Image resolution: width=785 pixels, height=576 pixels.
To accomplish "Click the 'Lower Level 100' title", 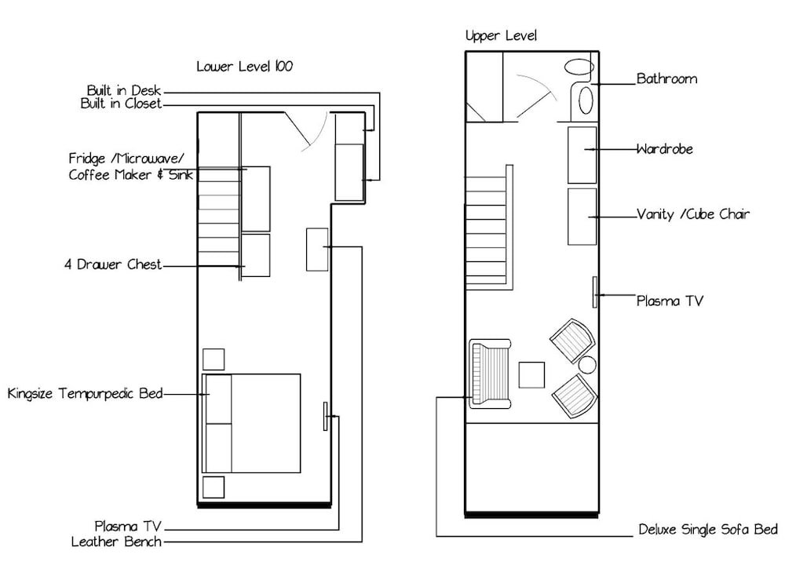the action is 244,66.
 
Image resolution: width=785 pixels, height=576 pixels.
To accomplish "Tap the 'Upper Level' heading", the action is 501,35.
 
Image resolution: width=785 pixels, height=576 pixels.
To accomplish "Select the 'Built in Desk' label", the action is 124,90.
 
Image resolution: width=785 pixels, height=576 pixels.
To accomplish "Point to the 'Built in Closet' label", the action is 121,104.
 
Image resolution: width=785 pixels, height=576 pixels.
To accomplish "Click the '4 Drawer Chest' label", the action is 113,264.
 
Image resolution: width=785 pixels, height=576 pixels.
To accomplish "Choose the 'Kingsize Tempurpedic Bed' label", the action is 85,393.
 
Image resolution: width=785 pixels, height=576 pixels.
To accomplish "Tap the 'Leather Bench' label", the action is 116,541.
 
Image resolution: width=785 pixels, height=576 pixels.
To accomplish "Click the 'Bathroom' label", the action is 666,78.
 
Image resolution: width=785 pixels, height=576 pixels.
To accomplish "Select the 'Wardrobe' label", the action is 665,148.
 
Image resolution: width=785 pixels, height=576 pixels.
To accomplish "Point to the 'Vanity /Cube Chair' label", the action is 693,214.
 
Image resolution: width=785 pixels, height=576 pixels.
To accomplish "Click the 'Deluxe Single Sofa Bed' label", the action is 708,530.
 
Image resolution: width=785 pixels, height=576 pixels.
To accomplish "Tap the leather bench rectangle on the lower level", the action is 317,250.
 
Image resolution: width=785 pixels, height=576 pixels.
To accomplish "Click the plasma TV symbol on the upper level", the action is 595,292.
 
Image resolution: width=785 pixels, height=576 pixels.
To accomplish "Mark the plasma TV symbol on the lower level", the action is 326,416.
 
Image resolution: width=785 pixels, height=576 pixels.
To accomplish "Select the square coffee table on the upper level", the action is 531,375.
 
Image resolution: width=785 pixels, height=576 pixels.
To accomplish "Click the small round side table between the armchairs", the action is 587,365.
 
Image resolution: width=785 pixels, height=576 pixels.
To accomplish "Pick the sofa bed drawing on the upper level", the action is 490,374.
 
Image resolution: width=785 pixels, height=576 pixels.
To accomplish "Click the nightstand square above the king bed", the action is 214,359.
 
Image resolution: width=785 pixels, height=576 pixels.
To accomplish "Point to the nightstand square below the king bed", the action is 214,487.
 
